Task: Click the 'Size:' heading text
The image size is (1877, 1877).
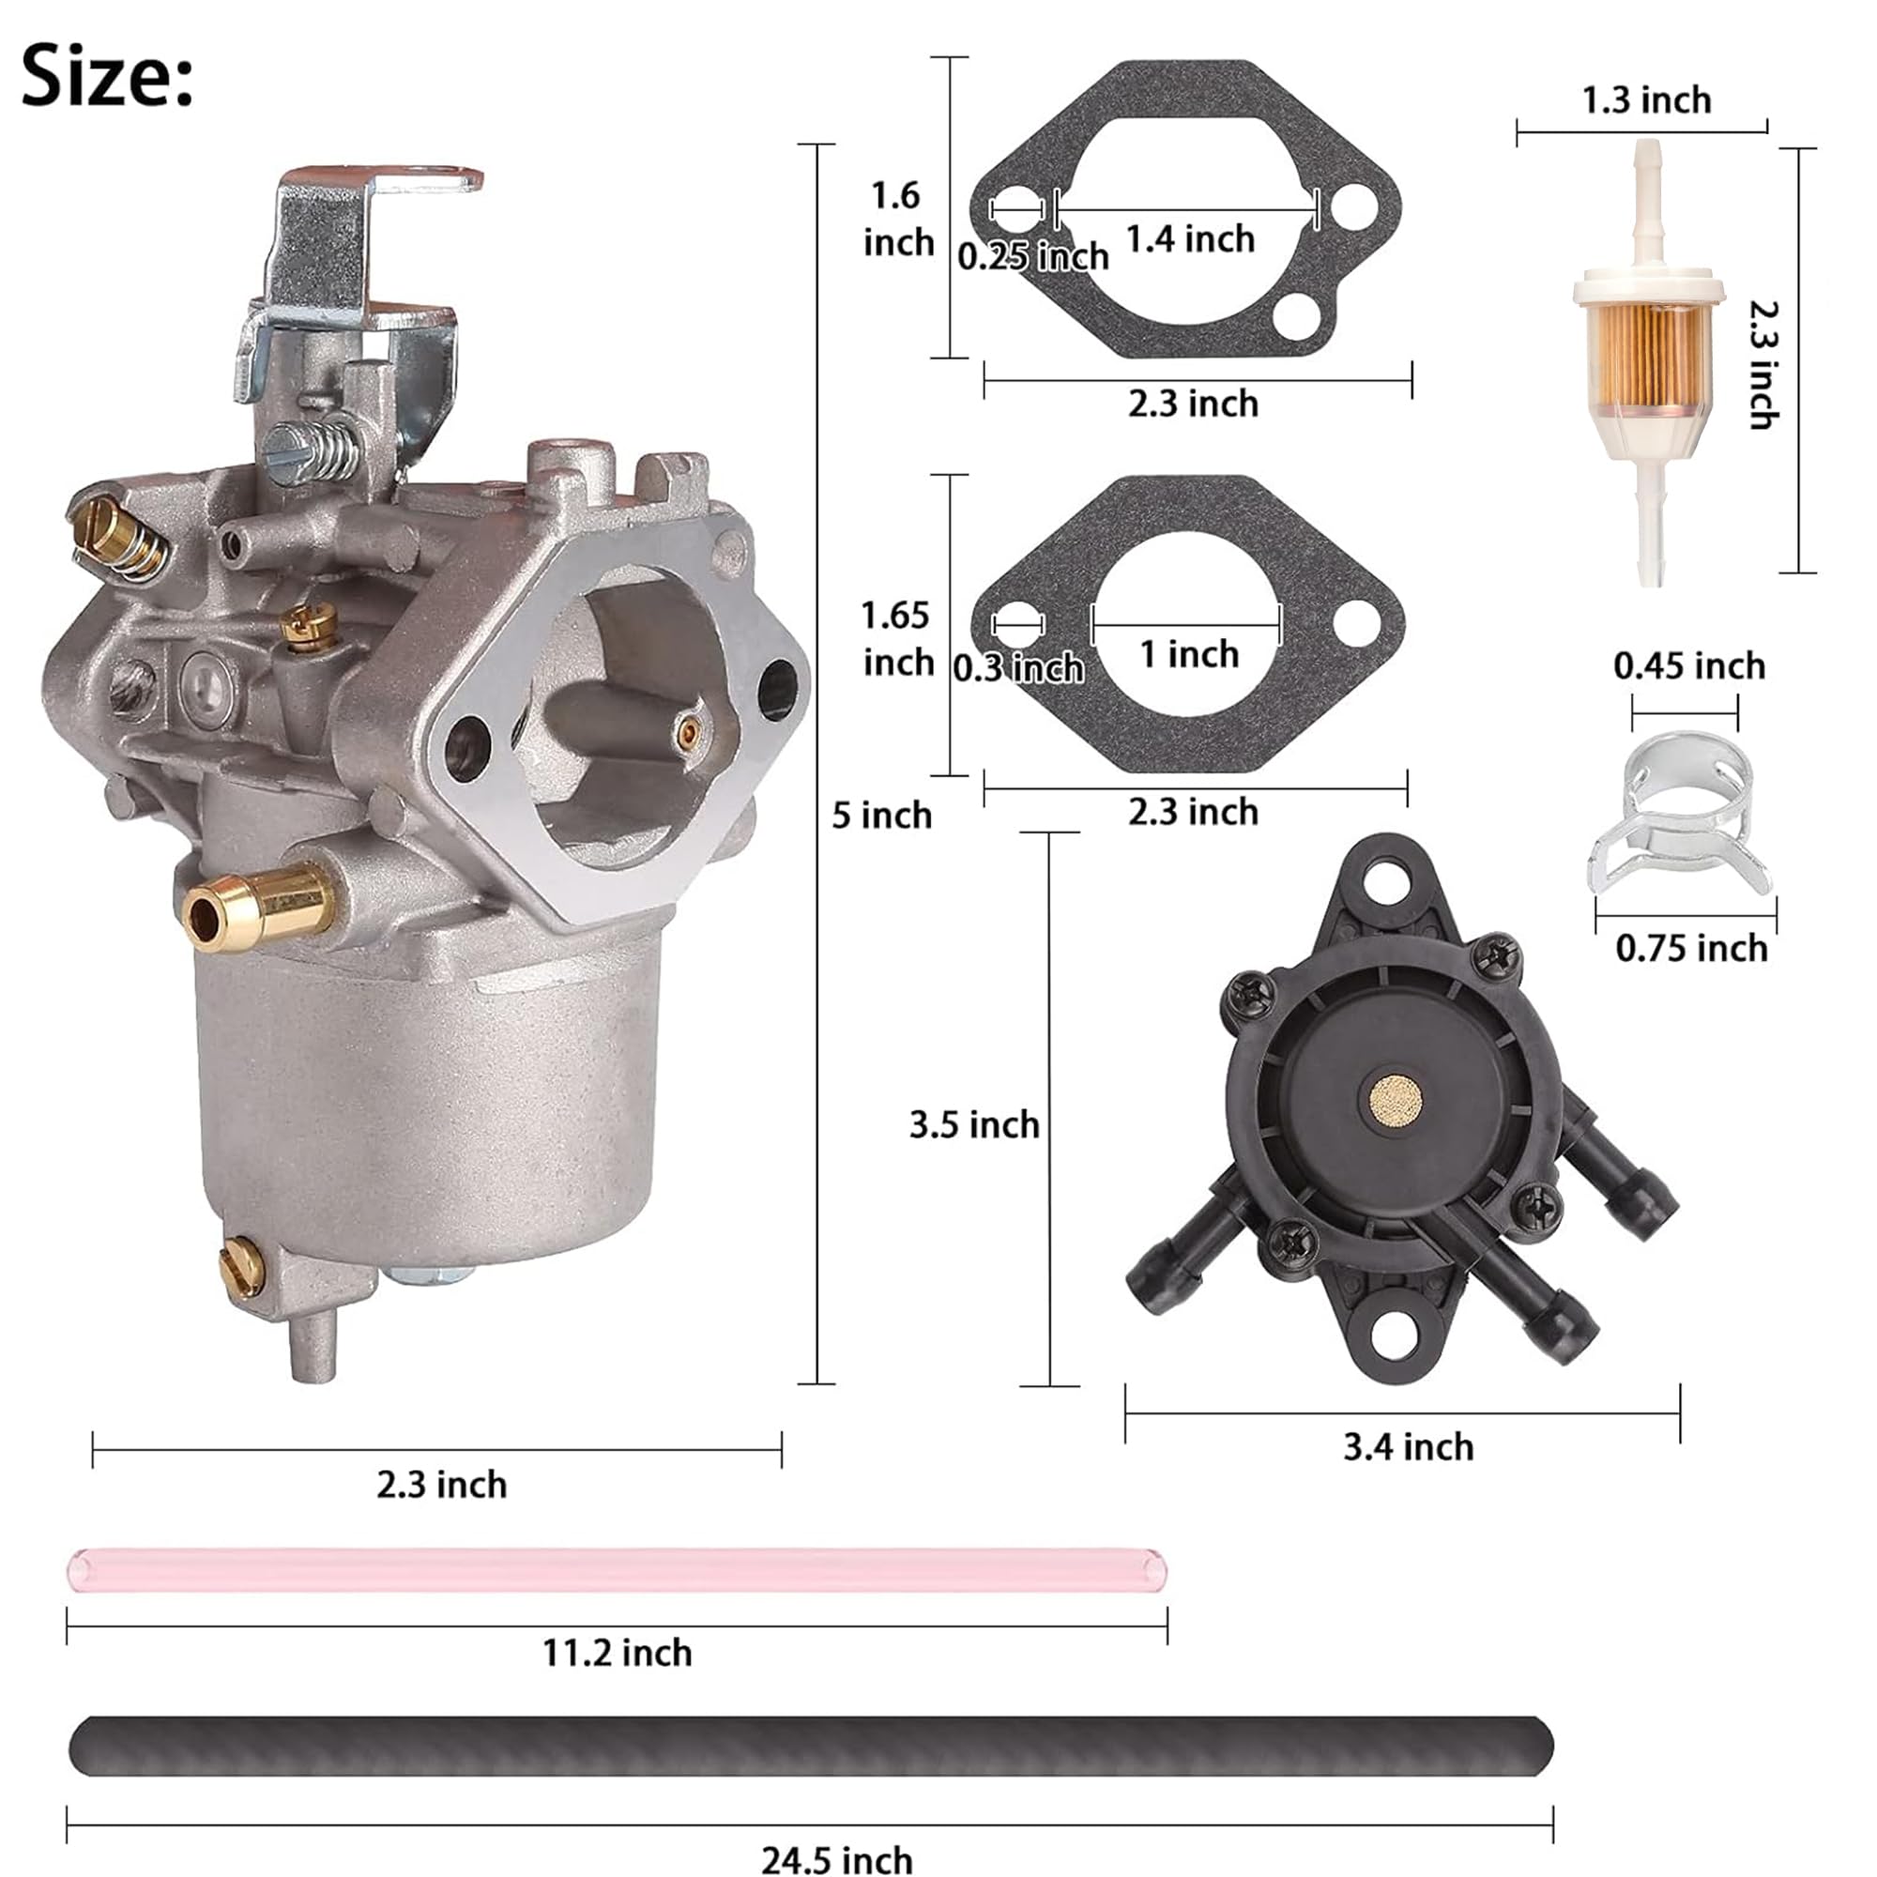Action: pyautogui.click(x=107, y=76)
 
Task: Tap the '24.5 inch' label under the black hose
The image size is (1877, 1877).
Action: pyautogui.click(x=836, y=1858)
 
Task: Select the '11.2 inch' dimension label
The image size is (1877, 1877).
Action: pyautogui.click(x=617, y=1652)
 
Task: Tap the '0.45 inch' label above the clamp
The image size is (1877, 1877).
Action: pyautogui.click(x=1688, y=665)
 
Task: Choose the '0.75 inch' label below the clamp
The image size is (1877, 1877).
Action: pyautogui.click(x=1690, y=948)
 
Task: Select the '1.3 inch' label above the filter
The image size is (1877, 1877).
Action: pyautogui.click(x=1646, y=100)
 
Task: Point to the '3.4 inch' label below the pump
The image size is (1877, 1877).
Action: pyautogui.click(x=1408, y=1446)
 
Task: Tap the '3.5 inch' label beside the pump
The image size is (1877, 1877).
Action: pyautogui.click(x=973, y=1124)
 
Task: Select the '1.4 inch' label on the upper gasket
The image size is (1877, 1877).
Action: pyautogui.click(x=1189, y=239)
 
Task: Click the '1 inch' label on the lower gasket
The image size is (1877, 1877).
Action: pyautogui.click(x=1189, y=654)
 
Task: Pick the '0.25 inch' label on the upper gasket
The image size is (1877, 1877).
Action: pyautogui.click(x=1031, y=256)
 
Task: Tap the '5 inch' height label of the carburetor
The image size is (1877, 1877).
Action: pyautogui.click(x=880, y=816)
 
